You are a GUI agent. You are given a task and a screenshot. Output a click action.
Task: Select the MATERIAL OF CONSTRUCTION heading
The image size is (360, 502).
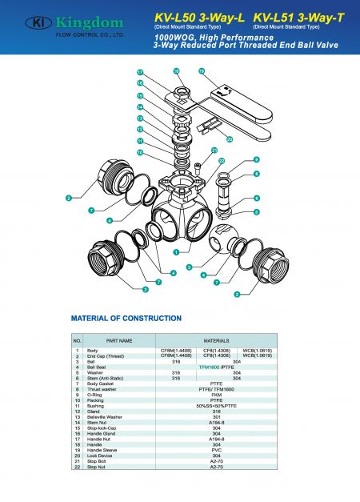coord(127,317)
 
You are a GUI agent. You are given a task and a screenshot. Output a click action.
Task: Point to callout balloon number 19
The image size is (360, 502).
coord(202,72)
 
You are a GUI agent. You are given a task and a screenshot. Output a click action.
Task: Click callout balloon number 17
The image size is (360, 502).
coord(139,72)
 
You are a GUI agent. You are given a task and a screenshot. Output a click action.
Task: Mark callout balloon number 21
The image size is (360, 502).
coord(214,150)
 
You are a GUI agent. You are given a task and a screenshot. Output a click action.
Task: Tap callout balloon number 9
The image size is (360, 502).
coord(256,160)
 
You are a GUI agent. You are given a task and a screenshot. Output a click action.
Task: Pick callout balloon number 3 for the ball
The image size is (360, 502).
coord(188,266)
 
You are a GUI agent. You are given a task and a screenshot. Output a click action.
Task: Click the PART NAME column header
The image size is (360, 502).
coord(118,340)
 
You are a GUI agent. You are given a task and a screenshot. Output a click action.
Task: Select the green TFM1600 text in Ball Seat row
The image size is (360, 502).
coord(210,367)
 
